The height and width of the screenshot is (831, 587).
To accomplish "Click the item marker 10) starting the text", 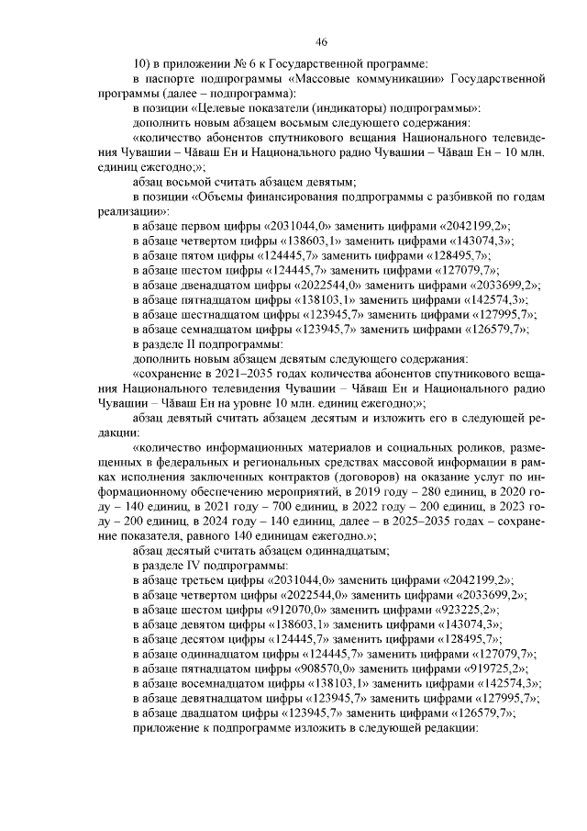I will pos(142,63).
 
